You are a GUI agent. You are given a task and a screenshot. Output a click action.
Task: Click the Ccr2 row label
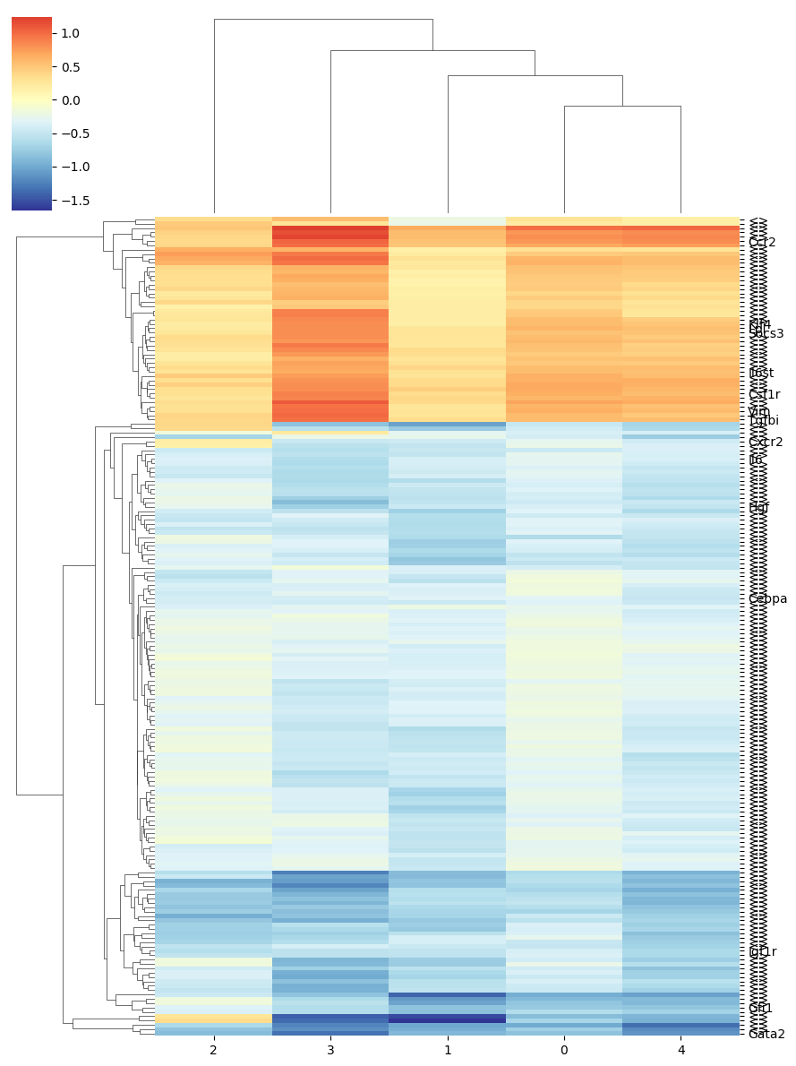(762, 242)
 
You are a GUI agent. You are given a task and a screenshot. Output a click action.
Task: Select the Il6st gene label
(761, 373)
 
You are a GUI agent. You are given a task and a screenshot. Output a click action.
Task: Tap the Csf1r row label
(764, 394)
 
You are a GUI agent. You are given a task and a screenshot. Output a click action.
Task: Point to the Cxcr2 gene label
(766, 442)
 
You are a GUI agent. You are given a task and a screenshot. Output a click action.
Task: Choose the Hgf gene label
(758, 507)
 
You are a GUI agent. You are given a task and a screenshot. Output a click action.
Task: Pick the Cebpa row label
(767, 598)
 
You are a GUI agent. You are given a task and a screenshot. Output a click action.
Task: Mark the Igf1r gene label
(763, 951)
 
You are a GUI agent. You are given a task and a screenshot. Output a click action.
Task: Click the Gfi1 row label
(760, 1008)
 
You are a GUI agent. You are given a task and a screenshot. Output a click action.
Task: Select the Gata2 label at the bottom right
(766, 1034)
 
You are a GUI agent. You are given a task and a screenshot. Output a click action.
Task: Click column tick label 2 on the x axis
(213, 1050)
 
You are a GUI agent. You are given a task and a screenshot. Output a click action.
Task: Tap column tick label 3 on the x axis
(330, 1050)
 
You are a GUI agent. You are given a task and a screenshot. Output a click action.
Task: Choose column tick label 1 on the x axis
(448, 1050)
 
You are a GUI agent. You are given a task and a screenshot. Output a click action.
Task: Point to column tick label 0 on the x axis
(564, 1050)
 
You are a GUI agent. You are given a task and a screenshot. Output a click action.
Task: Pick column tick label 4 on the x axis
(681, 1050)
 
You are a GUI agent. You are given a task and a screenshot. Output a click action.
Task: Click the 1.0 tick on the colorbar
(70, 33)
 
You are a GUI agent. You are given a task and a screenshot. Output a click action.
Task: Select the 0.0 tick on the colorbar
(70, 100)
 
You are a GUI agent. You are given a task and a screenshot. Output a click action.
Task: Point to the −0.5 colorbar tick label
(70, 133)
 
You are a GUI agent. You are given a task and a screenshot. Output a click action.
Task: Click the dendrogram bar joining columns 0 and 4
(622, 107)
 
